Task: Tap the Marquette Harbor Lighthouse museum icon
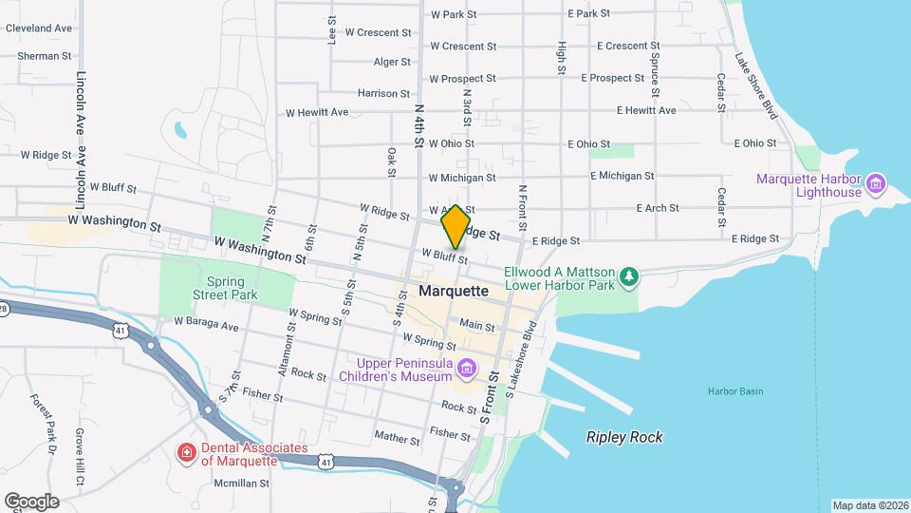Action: coord(876,180)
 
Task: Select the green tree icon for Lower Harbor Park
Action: coord(628,277)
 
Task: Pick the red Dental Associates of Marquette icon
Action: coord(187,453)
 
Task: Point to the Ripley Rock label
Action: coord(624,437)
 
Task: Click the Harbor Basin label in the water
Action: coord(734,391)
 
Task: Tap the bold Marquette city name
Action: coord(446,291)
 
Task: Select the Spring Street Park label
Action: coord(225,289)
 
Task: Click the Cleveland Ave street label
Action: coord(39,28)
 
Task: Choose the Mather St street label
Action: coord(397,439)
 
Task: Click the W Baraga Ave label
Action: coord(206,325)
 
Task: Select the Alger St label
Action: coord(392,63)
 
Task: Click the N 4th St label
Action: coord(418,125)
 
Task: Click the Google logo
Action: coord(31,501)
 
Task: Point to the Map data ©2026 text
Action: coord(869,504)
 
